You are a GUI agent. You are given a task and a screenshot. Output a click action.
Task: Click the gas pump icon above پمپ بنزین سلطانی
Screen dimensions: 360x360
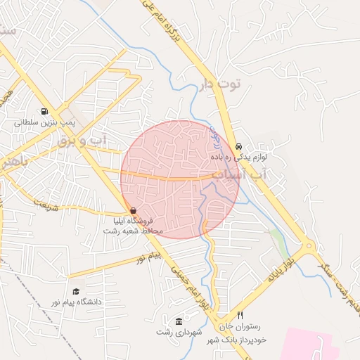pyautogui.click(x=45, y=111)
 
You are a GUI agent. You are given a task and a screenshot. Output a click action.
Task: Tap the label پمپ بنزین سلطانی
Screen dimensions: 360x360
pyautogui.click(x=45, y=122)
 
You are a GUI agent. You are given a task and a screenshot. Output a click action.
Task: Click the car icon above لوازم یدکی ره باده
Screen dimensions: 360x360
pyautogui.click(x=239, y=139)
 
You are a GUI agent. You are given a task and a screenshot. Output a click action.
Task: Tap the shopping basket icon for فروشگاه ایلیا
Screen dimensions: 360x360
pyautogui.click(x=134, y=210)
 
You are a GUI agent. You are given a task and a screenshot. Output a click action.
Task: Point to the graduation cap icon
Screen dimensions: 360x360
pyautogui.click(x=75, y=291)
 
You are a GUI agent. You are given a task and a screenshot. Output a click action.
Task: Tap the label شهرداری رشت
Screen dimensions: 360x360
pyautogui.click(x=179, y=331)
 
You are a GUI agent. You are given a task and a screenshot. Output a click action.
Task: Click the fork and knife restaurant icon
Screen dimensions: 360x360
pyautogui.click(x=240, y=316)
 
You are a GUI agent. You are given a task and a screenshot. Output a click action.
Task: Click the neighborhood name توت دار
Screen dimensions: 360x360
pyautogui.click(x=220, y=84)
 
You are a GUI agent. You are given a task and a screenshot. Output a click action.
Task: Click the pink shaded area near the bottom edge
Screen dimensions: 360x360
pyautogui.click(x=316, y=345)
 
